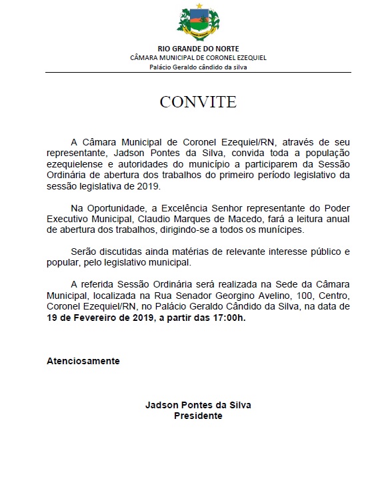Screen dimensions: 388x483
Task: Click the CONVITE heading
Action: click(x=197, y=102)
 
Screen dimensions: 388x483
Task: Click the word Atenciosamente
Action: click(x=83, y=361)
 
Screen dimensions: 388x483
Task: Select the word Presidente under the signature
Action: click(x=198, y=415)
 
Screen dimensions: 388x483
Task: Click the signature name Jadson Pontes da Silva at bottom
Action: click(x=198, y=405)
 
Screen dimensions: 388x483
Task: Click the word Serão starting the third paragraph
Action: click(x=85, y=252)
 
